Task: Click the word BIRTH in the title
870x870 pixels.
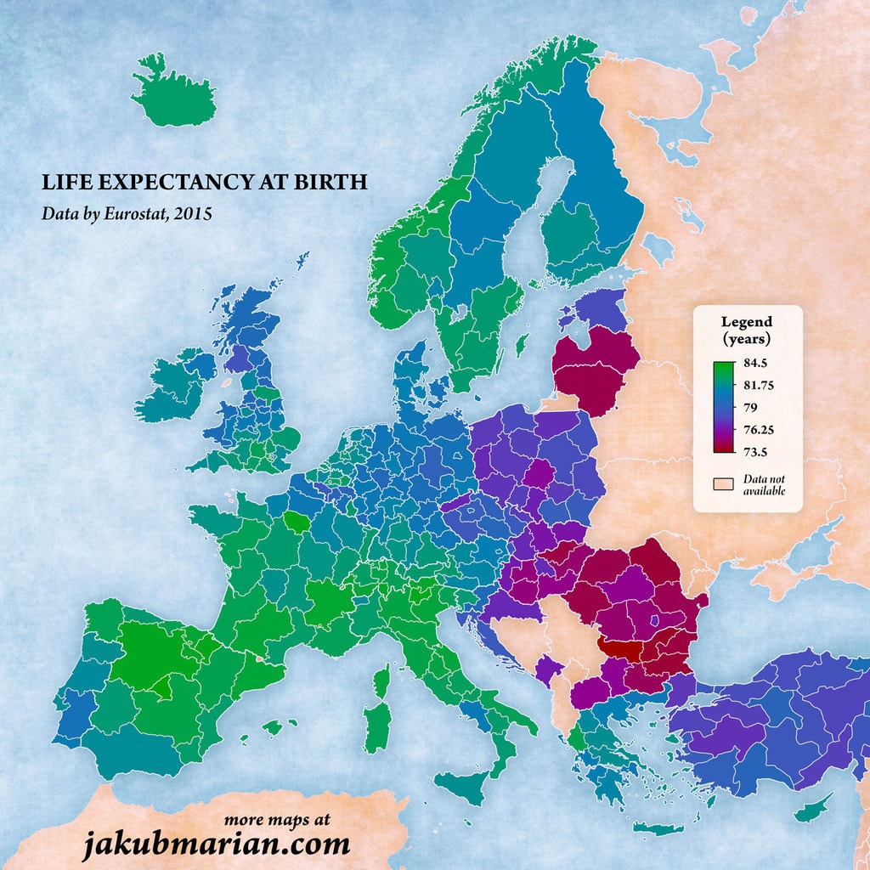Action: click(335, 183)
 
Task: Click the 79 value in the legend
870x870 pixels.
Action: click(750, 407)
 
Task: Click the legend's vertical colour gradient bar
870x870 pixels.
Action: click(723, 407)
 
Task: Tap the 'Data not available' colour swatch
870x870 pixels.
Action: click(722, 483)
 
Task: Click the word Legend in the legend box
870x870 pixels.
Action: click(747, 322)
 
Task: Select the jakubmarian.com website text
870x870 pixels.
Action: click(216, 845)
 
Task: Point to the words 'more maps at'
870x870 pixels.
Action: click(277, 821)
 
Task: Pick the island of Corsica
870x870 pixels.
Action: click(381, 679)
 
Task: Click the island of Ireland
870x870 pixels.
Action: click(177, 387)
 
